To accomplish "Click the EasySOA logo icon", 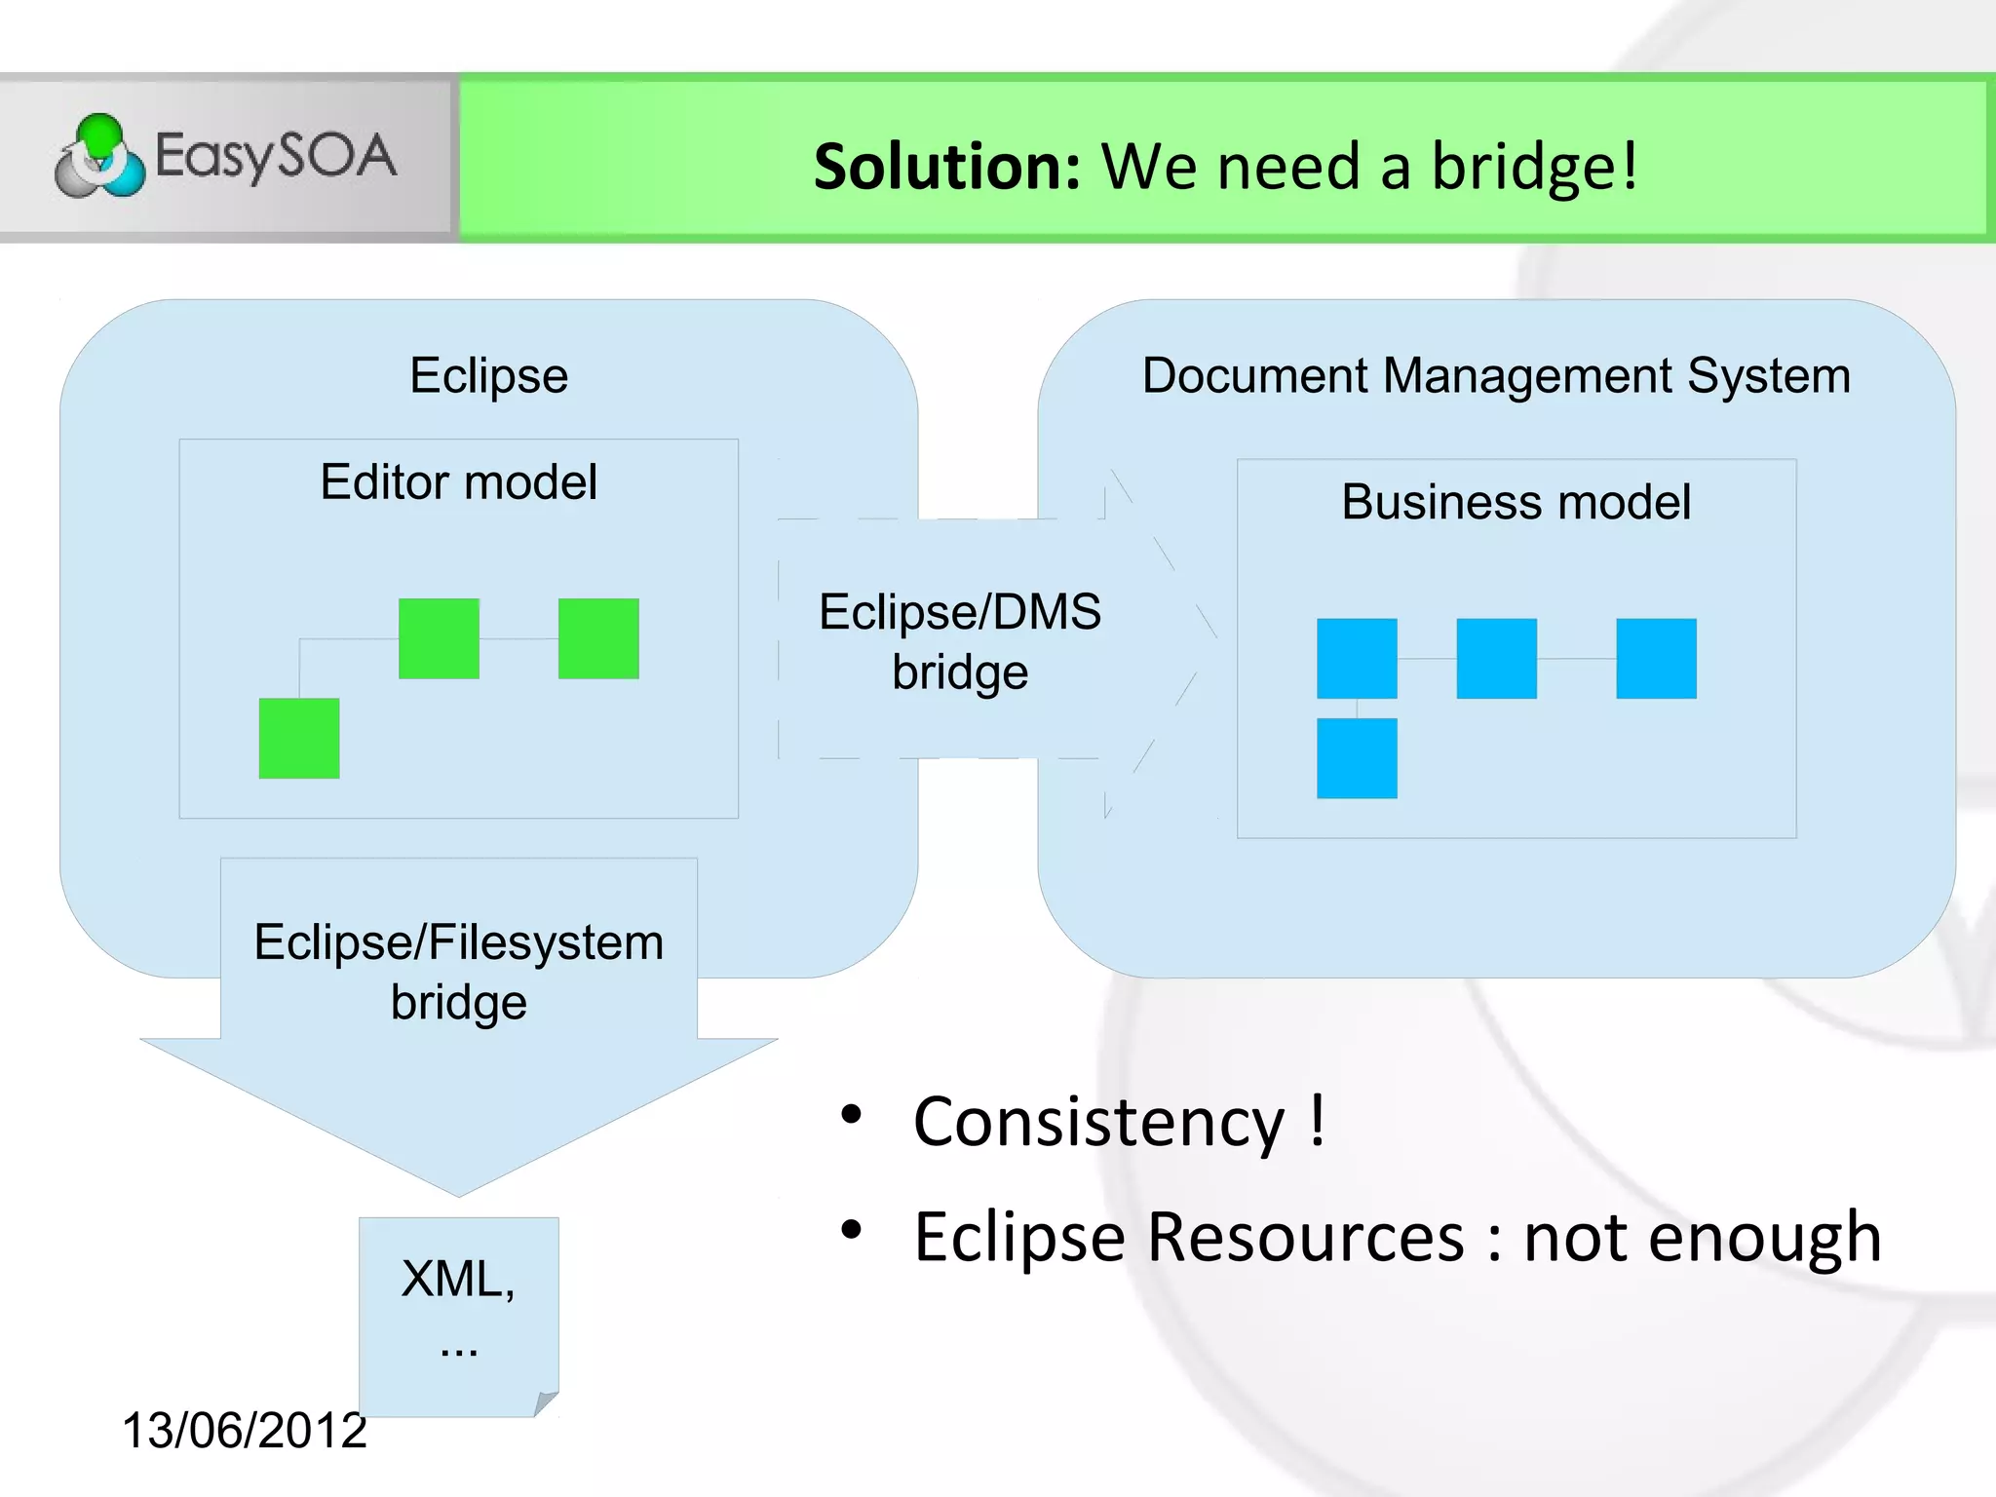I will point(99,156).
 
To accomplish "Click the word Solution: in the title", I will point(946,167).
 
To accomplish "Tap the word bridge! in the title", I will point(1534,167).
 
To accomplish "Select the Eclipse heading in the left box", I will point(488,376).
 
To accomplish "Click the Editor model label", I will point(458,482).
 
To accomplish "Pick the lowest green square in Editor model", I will point(299,738).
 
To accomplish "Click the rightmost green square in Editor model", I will point(598,638).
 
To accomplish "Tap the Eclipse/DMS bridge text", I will point(960,641).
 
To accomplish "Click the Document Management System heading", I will point(1496,376).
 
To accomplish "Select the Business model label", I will point(1516,503).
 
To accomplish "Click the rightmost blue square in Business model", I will point(1656,659).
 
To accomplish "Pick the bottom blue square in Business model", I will point(1357,758).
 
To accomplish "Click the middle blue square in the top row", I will point(1496,659).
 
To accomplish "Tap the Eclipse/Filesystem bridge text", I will point(459,972).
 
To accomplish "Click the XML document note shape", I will point(458,1306).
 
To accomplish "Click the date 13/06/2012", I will point(244,1431).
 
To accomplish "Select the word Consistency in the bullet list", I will point(1099,1123).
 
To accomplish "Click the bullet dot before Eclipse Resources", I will point(852,1230).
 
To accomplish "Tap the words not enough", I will point(1702,1238).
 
